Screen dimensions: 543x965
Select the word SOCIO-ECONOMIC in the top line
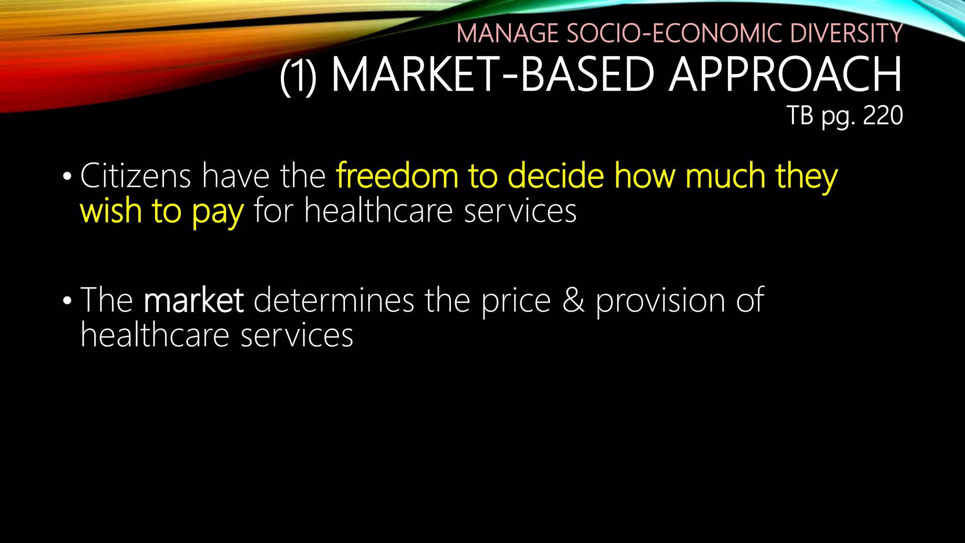[674, 33]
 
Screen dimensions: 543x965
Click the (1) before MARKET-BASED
[298, 76]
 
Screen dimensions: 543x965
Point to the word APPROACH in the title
[785, 75]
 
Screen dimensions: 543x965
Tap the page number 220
[883, 115]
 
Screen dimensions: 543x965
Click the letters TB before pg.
[800, 115]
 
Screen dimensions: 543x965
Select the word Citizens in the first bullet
[135, 176]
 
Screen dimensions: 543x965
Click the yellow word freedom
[397, 176]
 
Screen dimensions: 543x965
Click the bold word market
[194, 300]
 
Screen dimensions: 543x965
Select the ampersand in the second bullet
[573, 300]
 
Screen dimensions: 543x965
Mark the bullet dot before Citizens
[67, 177]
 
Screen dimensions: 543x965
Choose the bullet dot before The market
[67, 301]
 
